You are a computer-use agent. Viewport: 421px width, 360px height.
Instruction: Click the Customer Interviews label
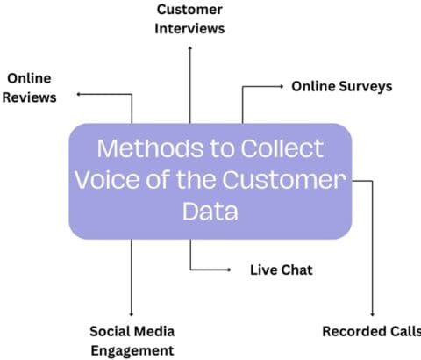[x=189, y=18]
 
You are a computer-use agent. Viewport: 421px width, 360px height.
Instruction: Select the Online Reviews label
[x=29, y=87]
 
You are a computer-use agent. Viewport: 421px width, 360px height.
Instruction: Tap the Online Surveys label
[x=341, y=86]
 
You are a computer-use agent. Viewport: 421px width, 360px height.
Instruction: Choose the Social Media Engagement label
[x=132, y=340]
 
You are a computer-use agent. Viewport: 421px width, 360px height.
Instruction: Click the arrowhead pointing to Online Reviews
[x=80, y=93]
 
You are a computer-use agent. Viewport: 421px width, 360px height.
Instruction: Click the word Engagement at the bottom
[x=132, y=349]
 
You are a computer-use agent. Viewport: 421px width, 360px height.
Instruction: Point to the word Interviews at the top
[x=189, y=27]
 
